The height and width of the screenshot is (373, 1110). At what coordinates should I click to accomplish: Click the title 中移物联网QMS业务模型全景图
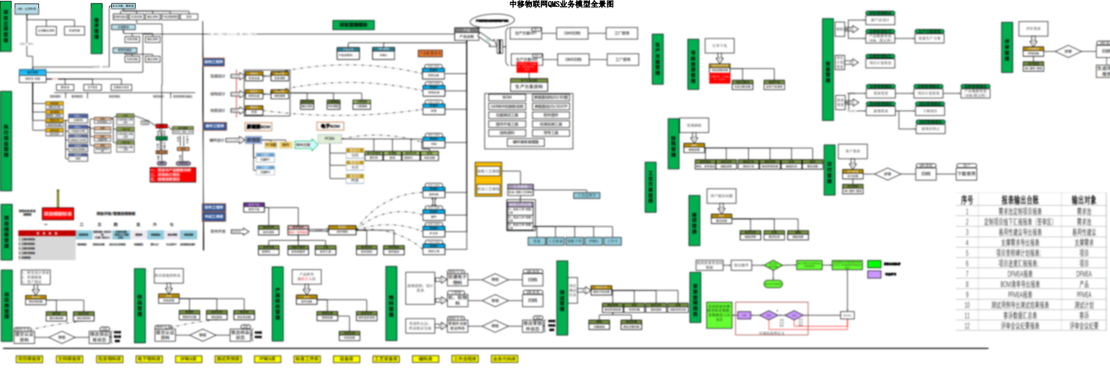(561, 5)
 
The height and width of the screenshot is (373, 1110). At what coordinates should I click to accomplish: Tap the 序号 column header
(967, 200)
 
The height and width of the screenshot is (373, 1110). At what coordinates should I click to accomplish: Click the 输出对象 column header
(1083, 200)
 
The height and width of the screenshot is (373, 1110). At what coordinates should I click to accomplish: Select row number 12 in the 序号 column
(967, 325)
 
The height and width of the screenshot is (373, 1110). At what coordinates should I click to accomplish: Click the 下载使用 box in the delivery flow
(966, 173)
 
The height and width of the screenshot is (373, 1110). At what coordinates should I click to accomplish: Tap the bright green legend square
(874, 264)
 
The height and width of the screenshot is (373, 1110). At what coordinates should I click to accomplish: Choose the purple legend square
(874, 274)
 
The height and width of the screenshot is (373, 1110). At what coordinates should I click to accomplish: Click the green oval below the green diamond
(773, 284)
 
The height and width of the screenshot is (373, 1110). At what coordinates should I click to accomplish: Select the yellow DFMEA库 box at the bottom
(188, 359)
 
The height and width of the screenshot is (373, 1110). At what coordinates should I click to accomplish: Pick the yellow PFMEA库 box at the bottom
(267, 359)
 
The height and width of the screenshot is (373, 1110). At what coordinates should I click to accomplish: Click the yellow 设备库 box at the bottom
(346, 359)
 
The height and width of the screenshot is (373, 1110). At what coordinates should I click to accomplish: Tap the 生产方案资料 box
(529, 87)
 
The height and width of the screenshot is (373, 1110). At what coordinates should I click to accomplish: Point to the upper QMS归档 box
(572, 33)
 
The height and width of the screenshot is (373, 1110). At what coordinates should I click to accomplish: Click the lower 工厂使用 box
(622, 60)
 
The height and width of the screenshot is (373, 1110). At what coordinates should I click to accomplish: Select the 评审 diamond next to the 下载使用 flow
(887, 174)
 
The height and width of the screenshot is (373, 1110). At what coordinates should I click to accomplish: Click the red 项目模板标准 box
(58, 214)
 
